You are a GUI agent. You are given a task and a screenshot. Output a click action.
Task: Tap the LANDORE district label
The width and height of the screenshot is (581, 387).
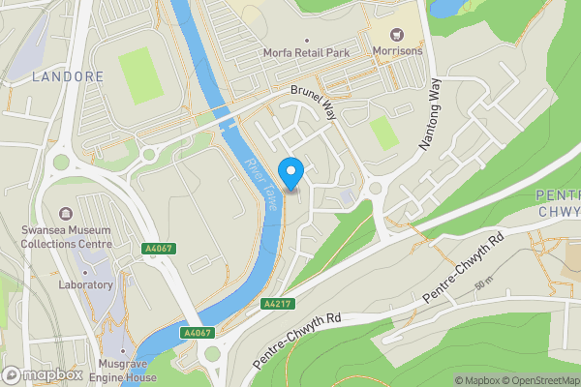click(x=67, y=75)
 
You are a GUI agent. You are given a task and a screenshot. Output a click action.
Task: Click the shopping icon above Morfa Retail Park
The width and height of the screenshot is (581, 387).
click(x=304, y=35)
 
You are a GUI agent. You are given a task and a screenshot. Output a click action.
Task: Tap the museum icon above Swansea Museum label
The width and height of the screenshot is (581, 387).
click(x=65, y=213)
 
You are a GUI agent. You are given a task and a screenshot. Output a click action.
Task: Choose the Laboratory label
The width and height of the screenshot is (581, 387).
click(x=86, y=285)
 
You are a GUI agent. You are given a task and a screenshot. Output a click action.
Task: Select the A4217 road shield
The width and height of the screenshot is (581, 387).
click(x=277, y=303)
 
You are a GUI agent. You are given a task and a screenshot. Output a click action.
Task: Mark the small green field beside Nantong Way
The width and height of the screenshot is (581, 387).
click(x=384, y=133)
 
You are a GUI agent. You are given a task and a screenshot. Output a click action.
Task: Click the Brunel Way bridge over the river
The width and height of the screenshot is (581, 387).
click(x=229, y=122)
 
